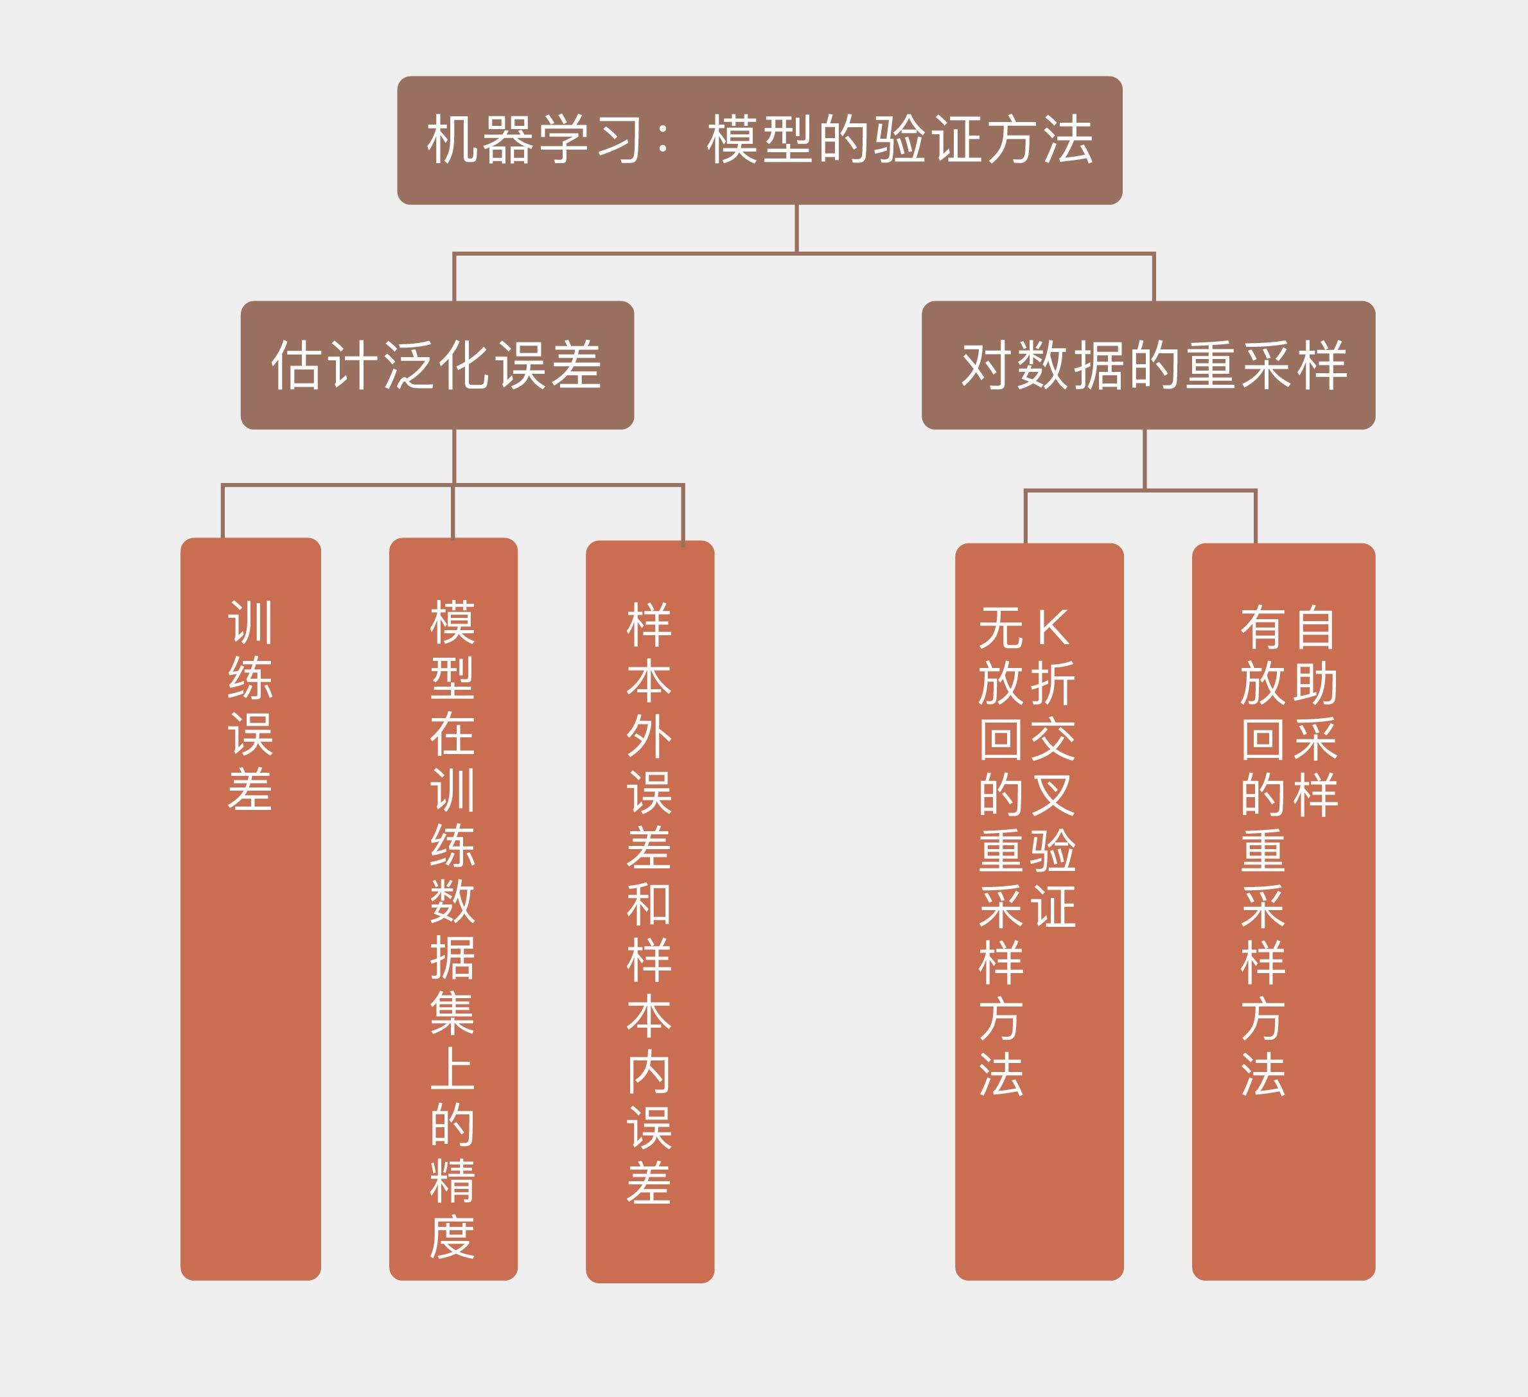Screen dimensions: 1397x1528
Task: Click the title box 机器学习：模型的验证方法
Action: point(759,140)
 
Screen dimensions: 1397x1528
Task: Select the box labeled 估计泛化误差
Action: point(437,365)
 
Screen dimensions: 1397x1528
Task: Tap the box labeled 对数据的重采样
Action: point(1148,365)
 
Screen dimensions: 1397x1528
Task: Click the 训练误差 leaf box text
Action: point(250,706)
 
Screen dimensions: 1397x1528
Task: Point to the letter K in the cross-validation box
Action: point(1053,628)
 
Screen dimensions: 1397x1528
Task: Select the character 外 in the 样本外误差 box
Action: point(649,736)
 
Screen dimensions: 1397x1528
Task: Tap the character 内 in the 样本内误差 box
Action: point(649,1073)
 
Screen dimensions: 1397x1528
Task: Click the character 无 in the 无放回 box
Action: point(1001,628)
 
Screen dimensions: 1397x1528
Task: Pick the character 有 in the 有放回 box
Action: point(1263,628)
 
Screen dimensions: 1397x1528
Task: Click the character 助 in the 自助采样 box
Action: point(1315,683)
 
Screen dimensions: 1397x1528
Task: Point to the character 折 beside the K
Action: point(1053,683)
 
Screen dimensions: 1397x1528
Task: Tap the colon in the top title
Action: point(664,140)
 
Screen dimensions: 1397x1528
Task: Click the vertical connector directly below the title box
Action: point(796,228)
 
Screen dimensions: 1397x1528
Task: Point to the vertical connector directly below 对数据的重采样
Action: point(1145,459)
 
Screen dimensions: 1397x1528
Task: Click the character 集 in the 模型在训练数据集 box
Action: point(452,1014)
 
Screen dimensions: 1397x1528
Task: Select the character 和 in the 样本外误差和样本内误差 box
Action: point(649,904)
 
